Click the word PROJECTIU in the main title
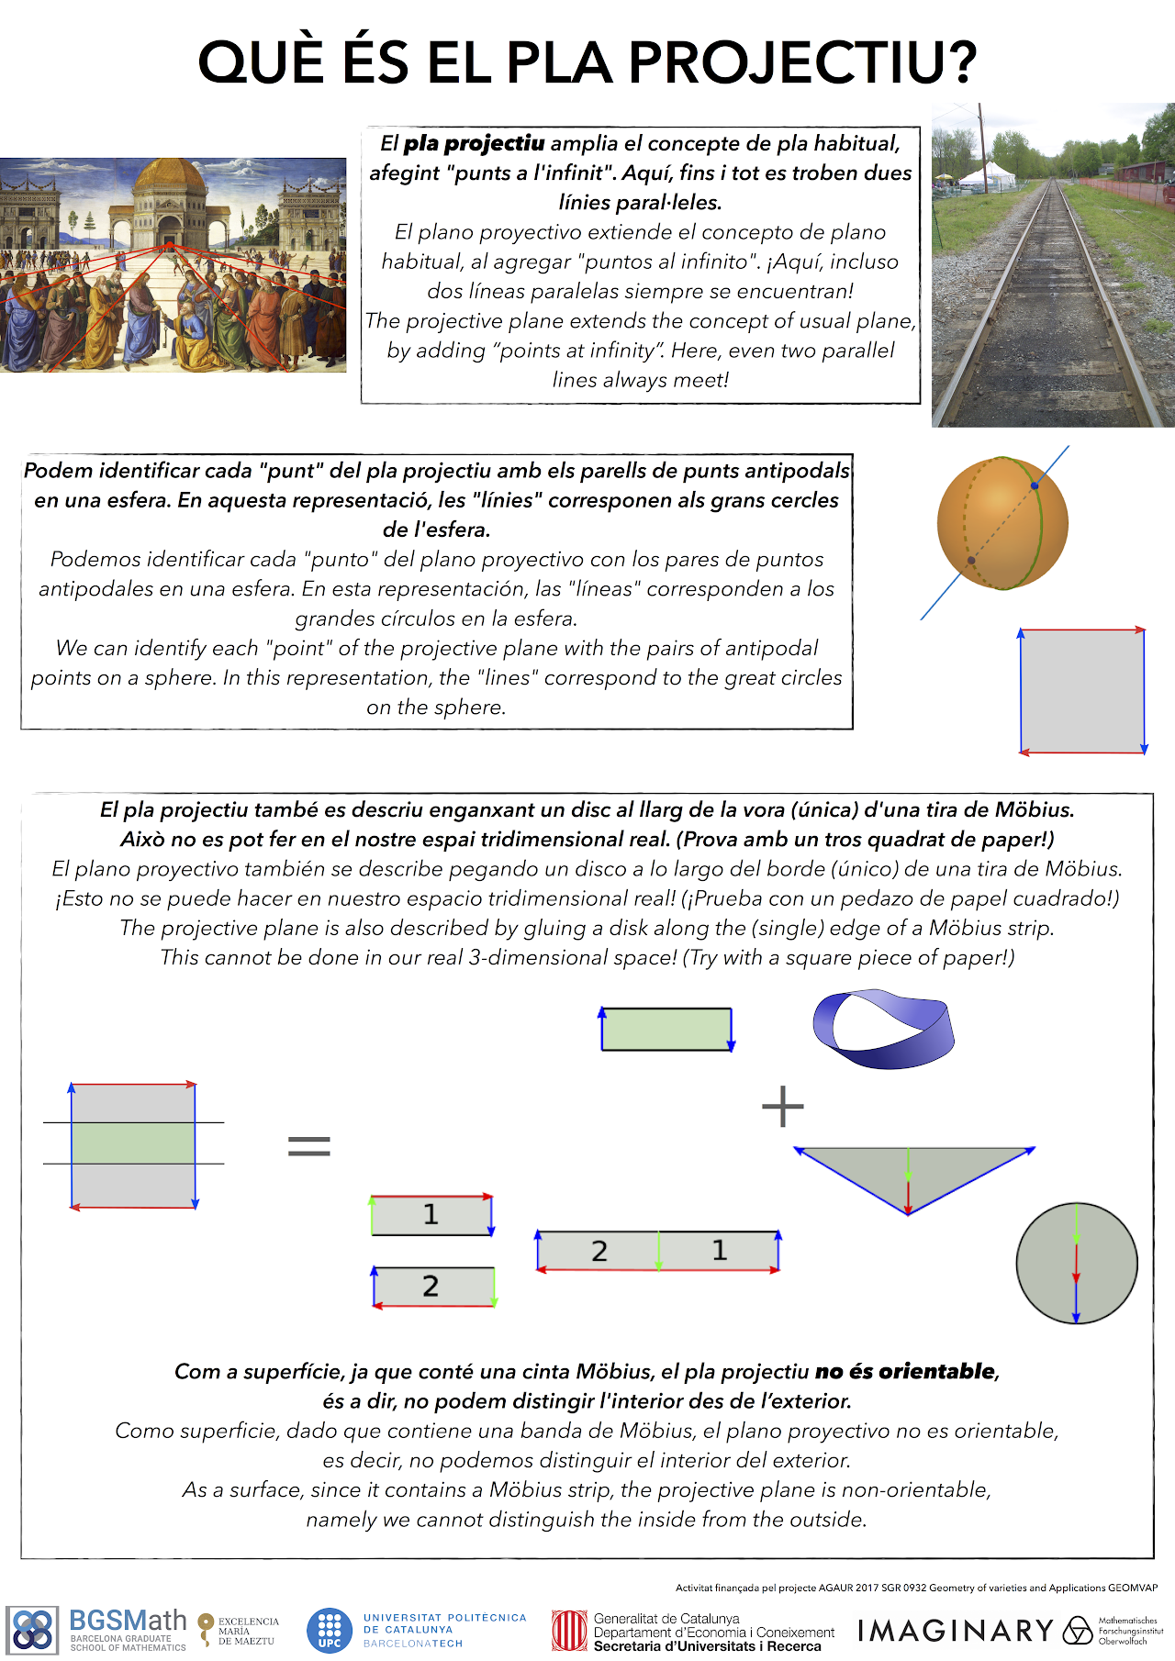(x=802, y=62)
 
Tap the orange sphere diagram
(x=1002, y=522)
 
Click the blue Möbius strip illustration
(x=883, y=1028)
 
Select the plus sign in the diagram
(x=783, y=1106)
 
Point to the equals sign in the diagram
(x=308, y=1144)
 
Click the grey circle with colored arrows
(x=1077, y=1263)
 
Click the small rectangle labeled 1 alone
(x=431, y=1215)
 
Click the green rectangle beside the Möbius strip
(x=666, y=1029)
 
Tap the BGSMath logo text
(x=128, y=1622)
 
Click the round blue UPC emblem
(x=330, y=1631)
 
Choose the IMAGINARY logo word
(x=956, y=1630)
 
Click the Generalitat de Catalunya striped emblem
(x=568, y=1631)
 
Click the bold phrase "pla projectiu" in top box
(x=474, y=143)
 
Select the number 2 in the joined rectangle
(x=599, y=1251)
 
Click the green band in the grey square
(x=133, y=1143)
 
